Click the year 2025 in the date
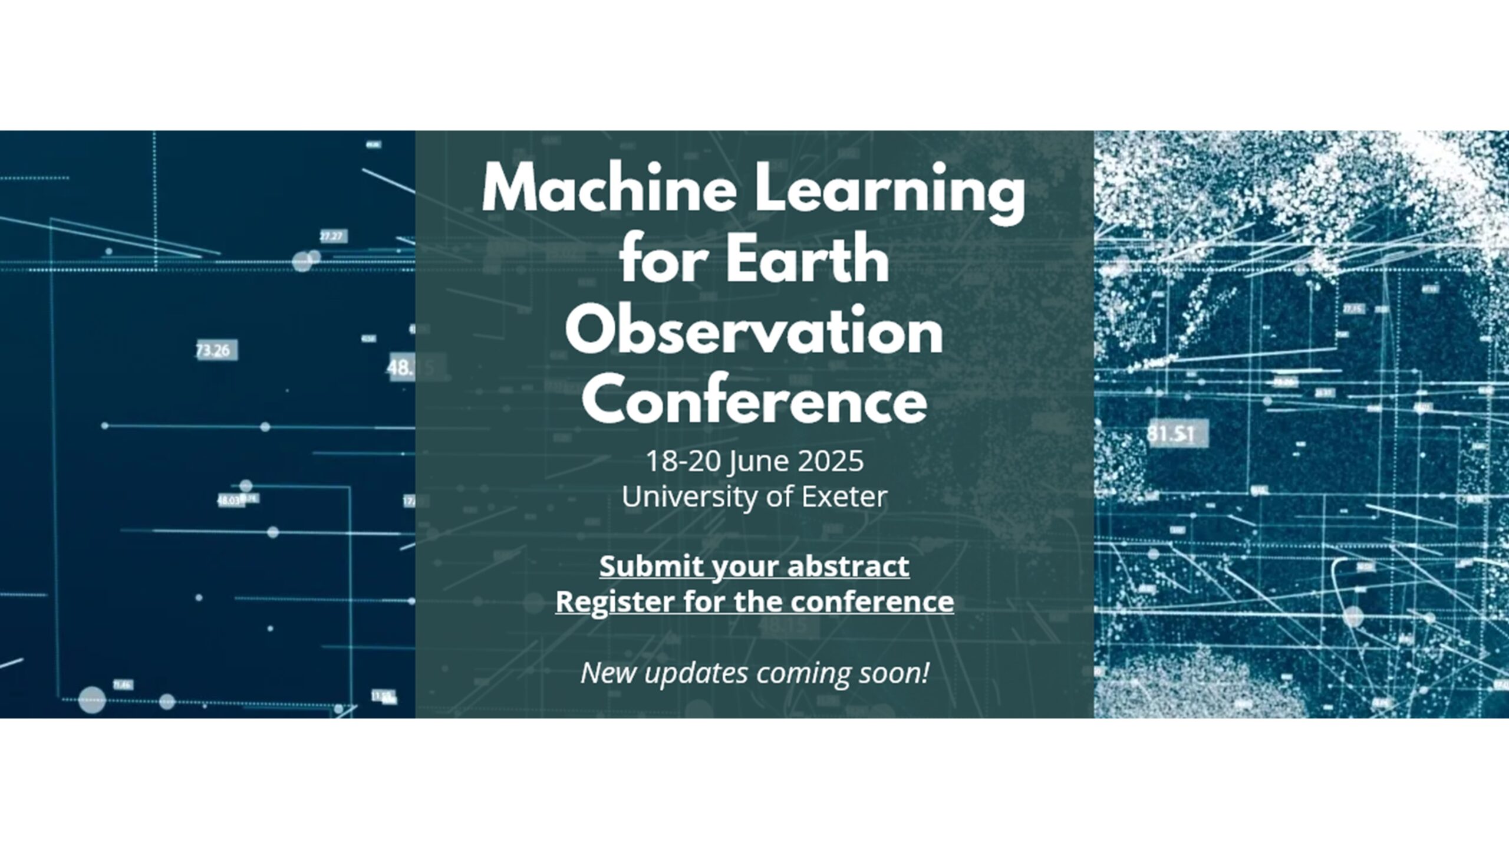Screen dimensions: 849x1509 coord(831,461)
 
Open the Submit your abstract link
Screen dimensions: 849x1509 coord(754,567)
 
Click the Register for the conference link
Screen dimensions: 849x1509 coord(754,602)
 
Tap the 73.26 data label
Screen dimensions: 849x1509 coord(213,351)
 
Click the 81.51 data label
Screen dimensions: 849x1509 coord(1170,434)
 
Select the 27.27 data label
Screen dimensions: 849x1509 coord(331,236)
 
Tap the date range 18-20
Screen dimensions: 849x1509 coord(683,461)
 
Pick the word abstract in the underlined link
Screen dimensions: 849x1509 coord(848,567)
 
